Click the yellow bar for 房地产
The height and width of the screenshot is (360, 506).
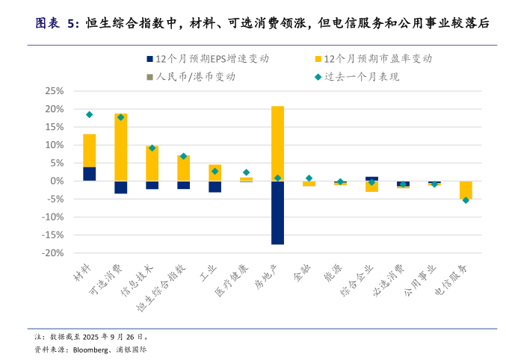tap(277, 143)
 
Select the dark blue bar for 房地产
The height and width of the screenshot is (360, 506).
tap(277, 212)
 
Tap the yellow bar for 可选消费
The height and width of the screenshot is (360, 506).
tap(120, 147)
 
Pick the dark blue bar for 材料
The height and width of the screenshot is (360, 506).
tap(89, 173)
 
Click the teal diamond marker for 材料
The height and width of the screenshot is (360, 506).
tap(89, 115)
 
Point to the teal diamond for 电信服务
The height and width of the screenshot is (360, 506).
tap(466, 200)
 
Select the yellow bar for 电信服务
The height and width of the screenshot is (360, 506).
tap(466, 190)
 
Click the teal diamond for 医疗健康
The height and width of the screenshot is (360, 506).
tap(246, 173)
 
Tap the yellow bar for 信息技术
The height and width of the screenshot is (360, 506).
tap(152, 163)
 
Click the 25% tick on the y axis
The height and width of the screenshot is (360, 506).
tap(54, 91)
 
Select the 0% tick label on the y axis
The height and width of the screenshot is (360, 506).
tap(57, 181)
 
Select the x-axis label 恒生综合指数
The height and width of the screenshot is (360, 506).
tap(171, 288)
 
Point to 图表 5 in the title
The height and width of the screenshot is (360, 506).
tap(56, 23)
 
